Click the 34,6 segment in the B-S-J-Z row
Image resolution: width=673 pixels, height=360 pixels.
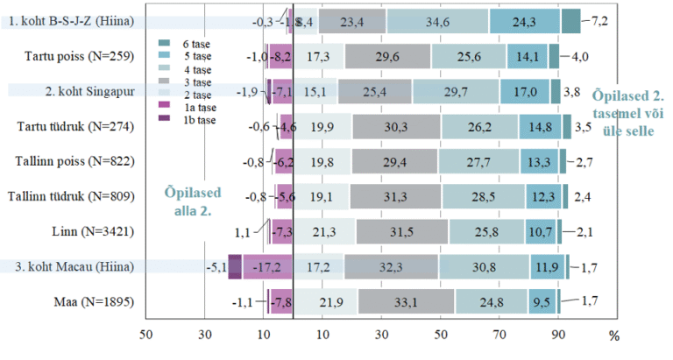point(437,21)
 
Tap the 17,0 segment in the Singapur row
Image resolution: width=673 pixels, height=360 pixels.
point(526,91)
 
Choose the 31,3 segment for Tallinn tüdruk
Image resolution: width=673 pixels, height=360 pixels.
point(393,196)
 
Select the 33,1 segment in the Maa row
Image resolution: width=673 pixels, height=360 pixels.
point(404,301)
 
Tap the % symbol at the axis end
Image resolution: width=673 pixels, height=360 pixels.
point(613,335)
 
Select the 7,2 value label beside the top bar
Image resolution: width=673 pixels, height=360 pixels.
point(602,19)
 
